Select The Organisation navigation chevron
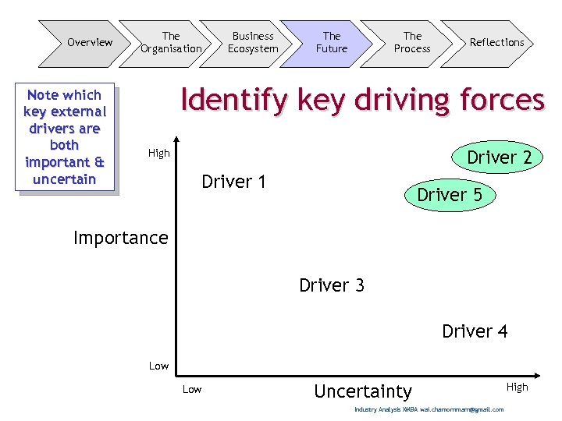170,42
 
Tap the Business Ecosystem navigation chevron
252,42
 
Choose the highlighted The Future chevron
332,42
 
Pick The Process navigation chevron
412,42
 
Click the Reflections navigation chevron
496,42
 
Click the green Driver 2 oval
499,157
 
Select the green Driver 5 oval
450,195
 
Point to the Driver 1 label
233,182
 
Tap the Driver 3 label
331,285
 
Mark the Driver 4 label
475,331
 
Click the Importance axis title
120,238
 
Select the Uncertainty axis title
362,391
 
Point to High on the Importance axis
158,154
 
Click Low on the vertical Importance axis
158,366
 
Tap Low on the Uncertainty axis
191,389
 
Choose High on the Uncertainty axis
517,387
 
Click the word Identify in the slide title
225,101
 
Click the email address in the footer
461,409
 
